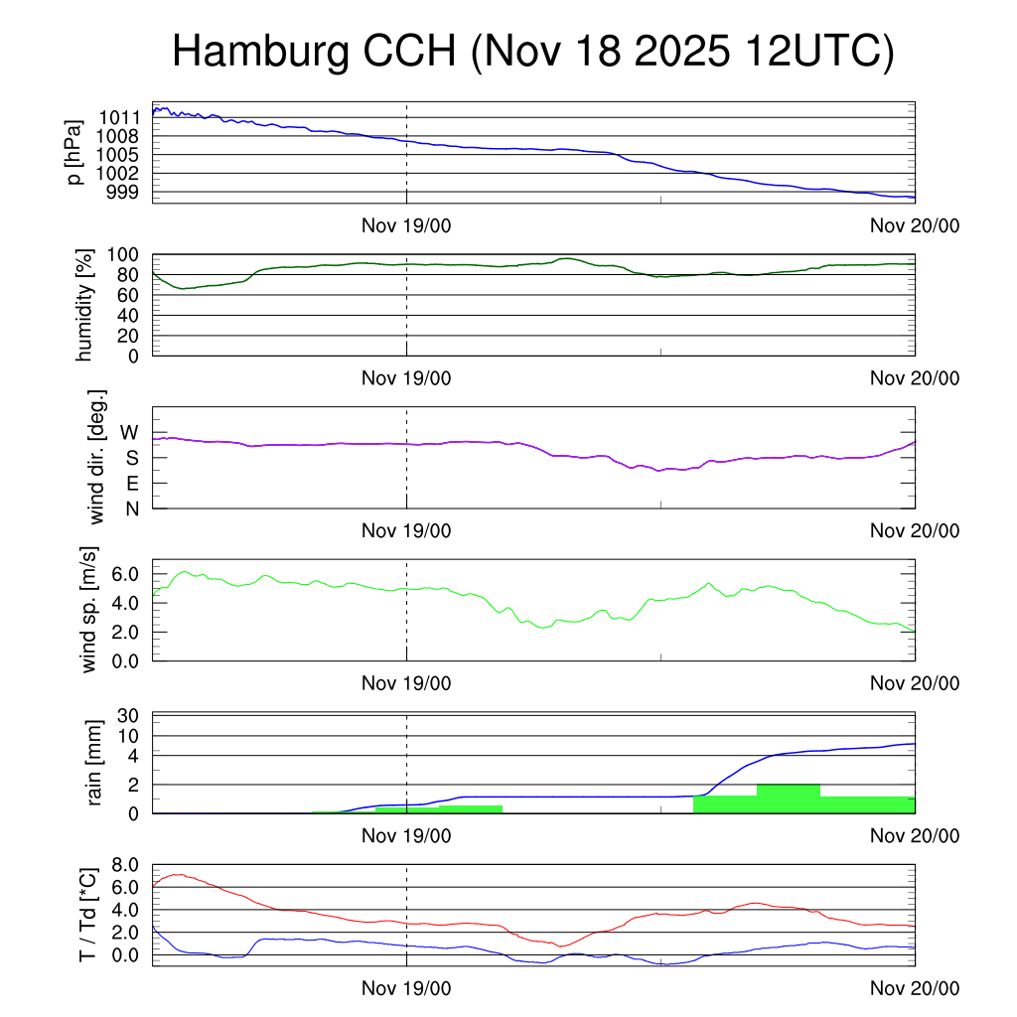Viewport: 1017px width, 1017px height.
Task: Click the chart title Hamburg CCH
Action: tap(532, 52)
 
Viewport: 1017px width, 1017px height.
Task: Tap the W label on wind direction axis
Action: tap(130, 432)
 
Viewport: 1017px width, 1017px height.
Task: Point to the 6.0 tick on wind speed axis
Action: tap(131, 574)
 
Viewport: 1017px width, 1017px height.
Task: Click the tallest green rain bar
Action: tap(788, 799)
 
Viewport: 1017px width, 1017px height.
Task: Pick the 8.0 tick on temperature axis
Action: tap(131, 865)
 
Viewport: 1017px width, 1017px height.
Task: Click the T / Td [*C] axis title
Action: tap(87, 915)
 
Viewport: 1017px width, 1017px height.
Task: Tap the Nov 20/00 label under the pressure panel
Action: tap(915, 225)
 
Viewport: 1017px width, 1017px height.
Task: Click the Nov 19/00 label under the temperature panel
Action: tap(406, 988)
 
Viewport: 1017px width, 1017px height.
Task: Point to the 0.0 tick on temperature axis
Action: tap(131, 955)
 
